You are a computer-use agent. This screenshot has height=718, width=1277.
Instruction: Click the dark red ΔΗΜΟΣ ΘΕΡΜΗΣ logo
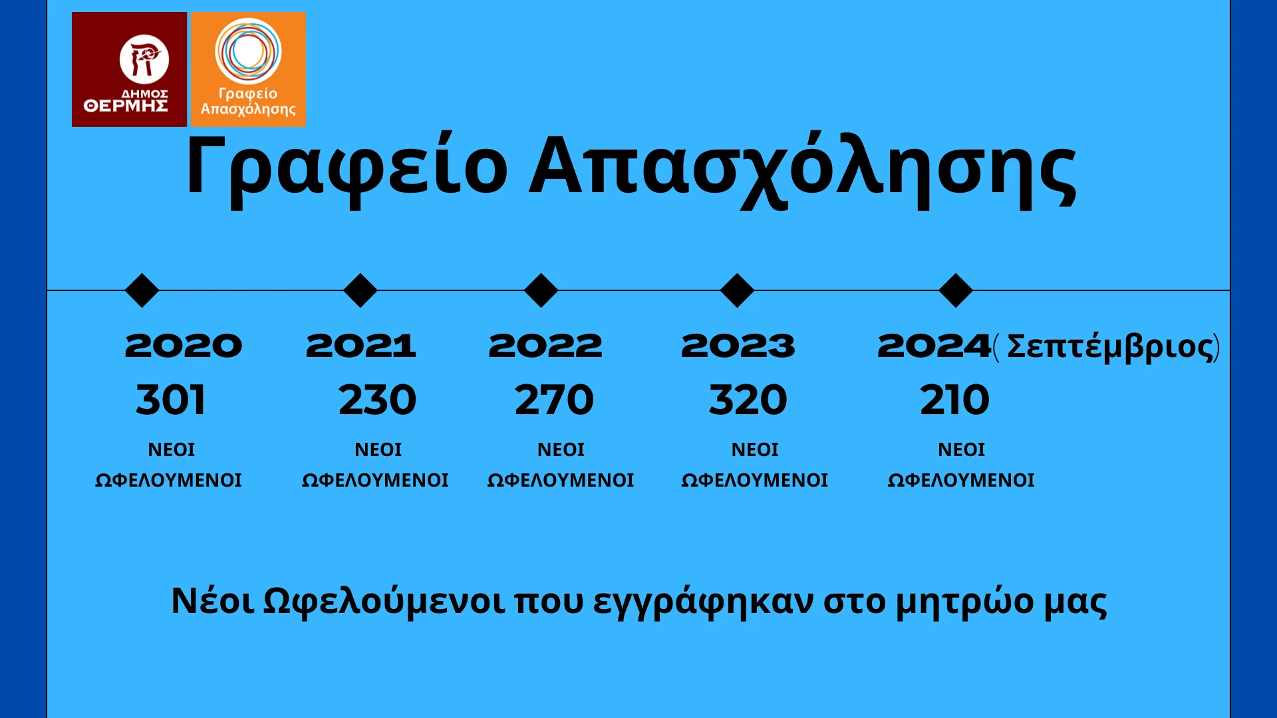[129, 69]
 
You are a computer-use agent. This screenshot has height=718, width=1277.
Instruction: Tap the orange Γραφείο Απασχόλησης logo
[248, 69]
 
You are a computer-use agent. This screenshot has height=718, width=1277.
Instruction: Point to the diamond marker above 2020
[142, 291]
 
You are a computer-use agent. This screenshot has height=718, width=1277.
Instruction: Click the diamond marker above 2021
[360, 291]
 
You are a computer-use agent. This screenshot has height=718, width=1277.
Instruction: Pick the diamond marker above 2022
[541, 291]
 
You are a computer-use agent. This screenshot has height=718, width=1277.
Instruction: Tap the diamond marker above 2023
[737, 291]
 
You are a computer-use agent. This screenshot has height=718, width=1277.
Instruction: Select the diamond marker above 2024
[956, 291]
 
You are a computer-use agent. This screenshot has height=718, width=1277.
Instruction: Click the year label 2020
[184, 346]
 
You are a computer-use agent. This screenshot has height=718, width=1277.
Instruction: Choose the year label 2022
[545, 346]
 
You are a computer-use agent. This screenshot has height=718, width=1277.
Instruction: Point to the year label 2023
[738, 346]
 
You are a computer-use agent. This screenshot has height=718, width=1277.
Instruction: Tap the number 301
[171, 400]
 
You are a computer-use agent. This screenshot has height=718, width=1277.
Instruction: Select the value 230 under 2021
[377, 400]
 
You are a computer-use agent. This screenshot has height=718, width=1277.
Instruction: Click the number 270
[554, 400]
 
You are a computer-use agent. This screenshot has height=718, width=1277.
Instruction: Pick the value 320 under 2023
[748, 400]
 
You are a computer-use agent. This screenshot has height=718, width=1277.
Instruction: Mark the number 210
[955, 400]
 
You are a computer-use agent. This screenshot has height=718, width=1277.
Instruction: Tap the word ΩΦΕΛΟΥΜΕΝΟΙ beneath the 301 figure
[168, 480]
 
